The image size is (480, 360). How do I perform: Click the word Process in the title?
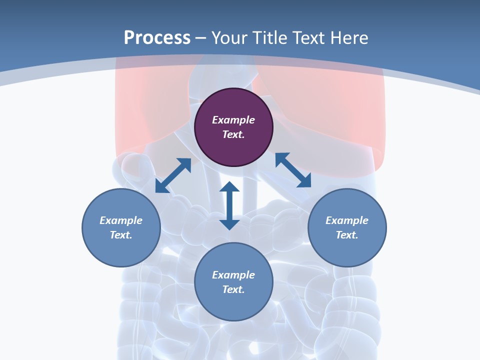pyautogui.click(x=157, y=37)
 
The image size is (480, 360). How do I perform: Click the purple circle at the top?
pyautogui.click(x=233, y=145)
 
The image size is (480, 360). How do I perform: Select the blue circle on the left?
pyautogui.click(x=121, y=250)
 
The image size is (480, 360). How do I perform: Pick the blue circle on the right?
pyautogui.click(x=347, y=250)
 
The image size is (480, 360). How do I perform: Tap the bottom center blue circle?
pyautogui.click(x=233, y=305)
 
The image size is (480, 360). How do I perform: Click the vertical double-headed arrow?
pyautogui.click(x=229, y=205)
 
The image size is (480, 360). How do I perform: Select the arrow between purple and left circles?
pyautogui.click(x=173, y=175)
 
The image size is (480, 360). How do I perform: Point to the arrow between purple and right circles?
pyautogui.click(x=293, y=170)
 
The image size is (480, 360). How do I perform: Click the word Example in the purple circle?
pyautogui.click(x=233, y=120)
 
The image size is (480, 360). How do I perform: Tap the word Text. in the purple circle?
pyautogui.click(x=233, y=134)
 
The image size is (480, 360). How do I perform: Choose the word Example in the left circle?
pyautogui.click(x=121, y=220)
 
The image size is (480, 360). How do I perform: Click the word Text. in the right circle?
pyautogui.click(x=347, y=235)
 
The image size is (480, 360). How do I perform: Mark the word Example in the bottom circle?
pyautogui.click(x=233, y=275)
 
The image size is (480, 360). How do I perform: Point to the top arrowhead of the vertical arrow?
pyautogui.click(x=229, y=187)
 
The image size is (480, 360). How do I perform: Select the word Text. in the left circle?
pyautogui.click(x=121, y=235)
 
